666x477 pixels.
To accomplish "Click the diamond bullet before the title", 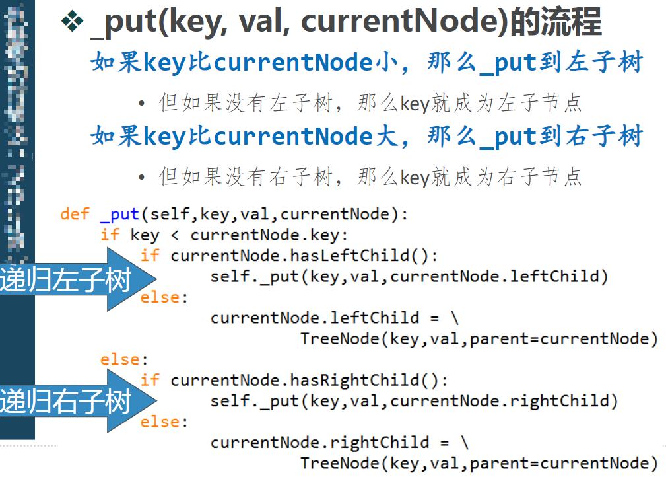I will (70, 22).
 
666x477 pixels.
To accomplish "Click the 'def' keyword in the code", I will (75, 214).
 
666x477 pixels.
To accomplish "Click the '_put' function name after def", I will (119, 214).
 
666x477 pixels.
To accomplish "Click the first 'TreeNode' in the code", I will (340, 339).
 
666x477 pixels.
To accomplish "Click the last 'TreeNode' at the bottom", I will (340, 463).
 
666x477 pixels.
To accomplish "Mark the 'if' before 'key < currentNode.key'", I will (110, 235).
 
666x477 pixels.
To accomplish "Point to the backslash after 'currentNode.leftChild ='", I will (455, 318).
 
